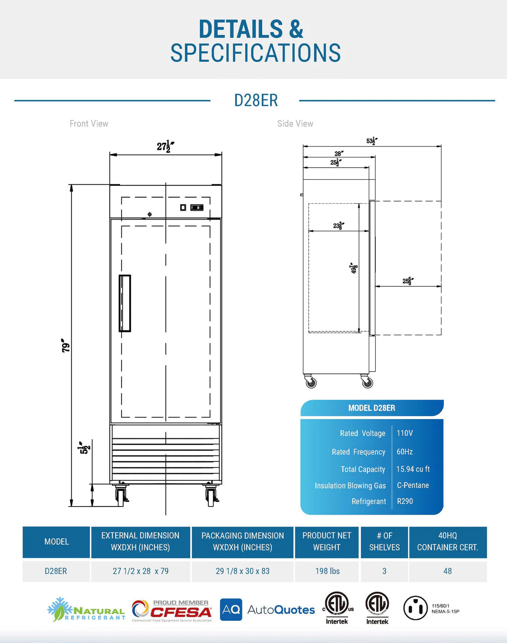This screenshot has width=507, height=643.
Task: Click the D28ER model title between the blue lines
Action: tap(256, 100)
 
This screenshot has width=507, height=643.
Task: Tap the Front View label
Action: tap(89, 124)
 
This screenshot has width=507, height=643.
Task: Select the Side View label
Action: tap(295, 124)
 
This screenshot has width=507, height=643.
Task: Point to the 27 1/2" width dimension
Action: tap(165, 147)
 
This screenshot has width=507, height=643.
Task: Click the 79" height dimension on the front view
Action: tap(66, 346)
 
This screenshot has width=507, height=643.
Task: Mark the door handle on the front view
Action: tap(125, 303)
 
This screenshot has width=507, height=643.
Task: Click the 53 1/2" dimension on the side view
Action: tap(372, 141)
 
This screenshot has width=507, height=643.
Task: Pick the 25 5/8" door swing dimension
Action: tap(408, 281)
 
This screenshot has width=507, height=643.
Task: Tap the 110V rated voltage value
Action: tap(405, 433)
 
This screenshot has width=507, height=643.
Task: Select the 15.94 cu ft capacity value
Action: tap(413, 469)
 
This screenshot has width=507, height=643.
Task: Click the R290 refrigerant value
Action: tap(405, 501)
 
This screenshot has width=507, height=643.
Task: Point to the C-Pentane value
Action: tap(413, 485)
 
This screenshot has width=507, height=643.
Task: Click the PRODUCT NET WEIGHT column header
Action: tap(326, 542)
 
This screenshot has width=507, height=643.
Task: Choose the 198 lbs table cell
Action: tap(327, 571)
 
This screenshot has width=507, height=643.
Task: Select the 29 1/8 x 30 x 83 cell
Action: tap(242, 571)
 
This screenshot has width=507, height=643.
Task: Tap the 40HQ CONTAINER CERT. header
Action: tap(447, 542)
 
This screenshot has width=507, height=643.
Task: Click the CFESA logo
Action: tap(172, 611)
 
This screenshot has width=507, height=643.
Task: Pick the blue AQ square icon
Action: tap(231, 610)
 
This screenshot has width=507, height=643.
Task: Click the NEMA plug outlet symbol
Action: tap(415, 608)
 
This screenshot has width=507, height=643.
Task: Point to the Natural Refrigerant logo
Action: tap(86, 610)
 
